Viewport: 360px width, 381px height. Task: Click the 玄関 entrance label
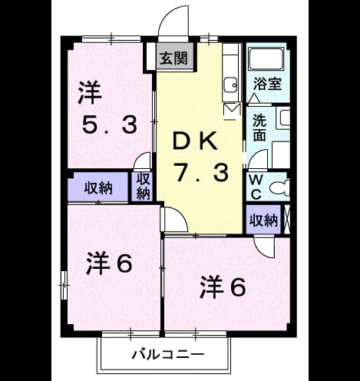coord(173,58)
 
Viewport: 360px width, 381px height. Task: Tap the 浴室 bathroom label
coord(267,84)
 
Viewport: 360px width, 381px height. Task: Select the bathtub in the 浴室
coord(266,59)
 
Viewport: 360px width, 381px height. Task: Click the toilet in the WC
coord(279,188)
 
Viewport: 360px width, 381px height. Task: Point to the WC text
coord(256,187)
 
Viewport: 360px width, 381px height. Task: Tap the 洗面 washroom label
coord(259,128)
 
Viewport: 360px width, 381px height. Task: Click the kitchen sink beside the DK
coord(231,85)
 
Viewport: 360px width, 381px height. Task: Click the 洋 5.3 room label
coord(109,107)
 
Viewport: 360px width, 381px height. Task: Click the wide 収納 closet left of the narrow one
coord(98,188)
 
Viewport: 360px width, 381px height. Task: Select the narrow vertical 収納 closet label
coord(143,186)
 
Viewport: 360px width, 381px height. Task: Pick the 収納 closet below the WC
coord(263,220)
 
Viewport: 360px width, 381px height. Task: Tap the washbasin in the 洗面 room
coord(283,118)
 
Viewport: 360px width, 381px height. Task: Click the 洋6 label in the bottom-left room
coord(109,263)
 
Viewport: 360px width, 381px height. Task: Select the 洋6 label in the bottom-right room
coord(223,287)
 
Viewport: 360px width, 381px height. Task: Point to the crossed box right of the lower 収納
coord(287,219)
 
